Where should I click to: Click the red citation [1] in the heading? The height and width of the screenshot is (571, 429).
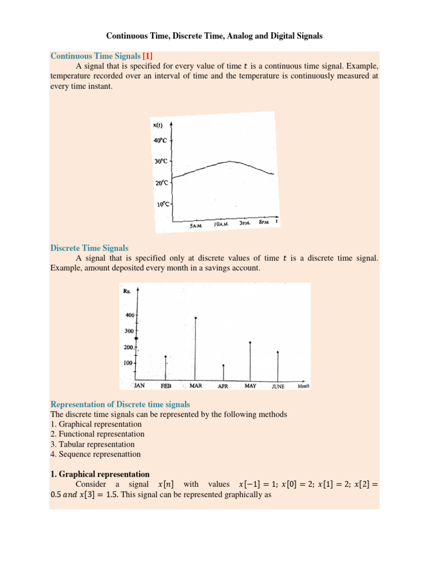point(149,56)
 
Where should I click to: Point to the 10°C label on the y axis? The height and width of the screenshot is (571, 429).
point(162,205)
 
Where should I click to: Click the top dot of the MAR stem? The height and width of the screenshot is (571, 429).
point(196,318)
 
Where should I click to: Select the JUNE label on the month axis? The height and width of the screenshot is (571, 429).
point(278,386)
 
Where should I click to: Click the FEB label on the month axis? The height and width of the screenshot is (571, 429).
point(166,385)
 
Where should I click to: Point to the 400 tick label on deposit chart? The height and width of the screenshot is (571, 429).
point(129,315)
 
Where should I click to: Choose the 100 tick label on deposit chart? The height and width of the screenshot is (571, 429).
point(128,363)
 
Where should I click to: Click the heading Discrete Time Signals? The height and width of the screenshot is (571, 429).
point(89,248)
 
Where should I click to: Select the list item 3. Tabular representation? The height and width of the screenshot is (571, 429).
point(92,444)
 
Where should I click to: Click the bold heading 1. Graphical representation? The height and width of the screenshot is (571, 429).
point(100,475)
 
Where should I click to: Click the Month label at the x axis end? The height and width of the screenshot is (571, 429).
point(303,386)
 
